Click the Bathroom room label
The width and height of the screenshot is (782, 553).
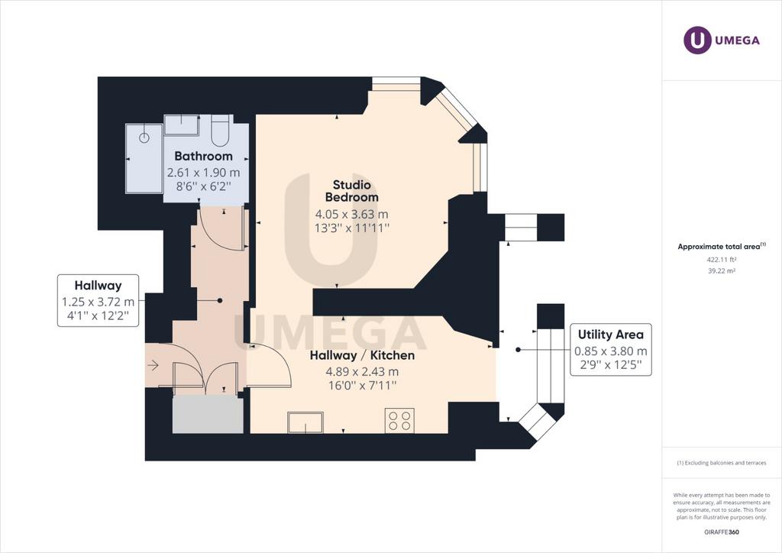(203, 156)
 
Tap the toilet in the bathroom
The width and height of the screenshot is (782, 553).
(221, 130)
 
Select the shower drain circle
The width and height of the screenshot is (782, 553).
(144, 138)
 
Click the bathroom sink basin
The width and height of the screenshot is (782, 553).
(181, 125)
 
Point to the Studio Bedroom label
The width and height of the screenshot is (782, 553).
(351, 191)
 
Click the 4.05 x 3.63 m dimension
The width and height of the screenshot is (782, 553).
(351, 215)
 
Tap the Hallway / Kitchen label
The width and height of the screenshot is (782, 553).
(362, 355)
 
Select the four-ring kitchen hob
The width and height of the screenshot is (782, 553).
(399, 420)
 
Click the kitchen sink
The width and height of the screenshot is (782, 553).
(305, 422)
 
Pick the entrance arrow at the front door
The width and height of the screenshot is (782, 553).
(153, 366)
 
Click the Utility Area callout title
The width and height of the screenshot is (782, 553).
(610, 335)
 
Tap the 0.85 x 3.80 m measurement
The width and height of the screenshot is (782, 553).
(610, 351)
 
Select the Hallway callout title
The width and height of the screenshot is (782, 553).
(98, 286)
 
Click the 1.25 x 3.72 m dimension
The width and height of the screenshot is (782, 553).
(98, 302)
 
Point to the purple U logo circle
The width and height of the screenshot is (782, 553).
(697, 40)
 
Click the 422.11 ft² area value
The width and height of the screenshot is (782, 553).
(722, 259)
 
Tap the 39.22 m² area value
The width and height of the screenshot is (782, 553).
(722, 270)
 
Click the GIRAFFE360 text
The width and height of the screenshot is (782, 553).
(722, 532)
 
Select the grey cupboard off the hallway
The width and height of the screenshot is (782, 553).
(208, 415)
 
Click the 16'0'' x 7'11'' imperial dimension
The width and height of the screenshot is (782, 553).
(362, 386)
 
